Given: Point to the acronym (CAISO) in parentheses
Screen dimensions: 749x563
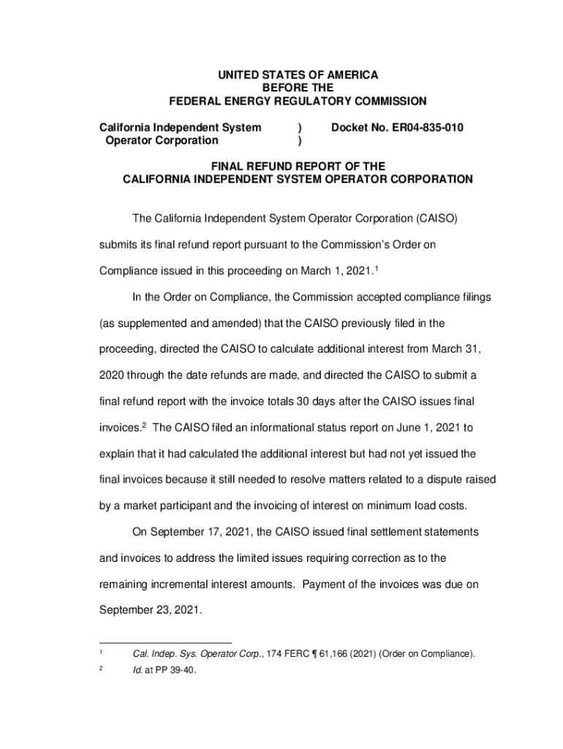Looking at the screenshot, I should pyautogui.click(x=437, y=219).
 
